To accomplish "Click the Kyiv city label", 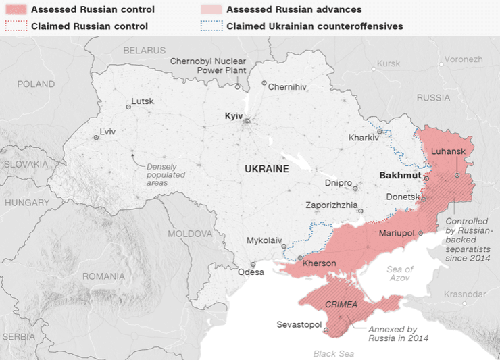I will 233,116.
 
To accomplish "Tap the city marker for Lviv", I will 96,137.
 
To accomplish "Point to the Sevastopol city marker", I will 326,330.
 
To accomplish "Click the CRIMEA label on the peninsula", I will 341,305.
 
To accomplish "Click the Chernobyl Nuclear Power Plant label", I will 207,66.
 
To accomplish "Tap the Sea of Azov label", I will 400,274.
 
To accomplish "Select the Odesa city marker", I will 253,265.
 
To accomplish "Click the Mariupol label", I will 397,233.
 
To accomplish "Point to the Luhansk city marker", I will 457,174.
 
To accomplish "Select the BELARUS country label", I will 144,50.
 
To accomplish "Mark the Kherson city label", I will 320,263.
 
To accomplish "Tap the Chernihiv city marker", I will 264,84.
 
